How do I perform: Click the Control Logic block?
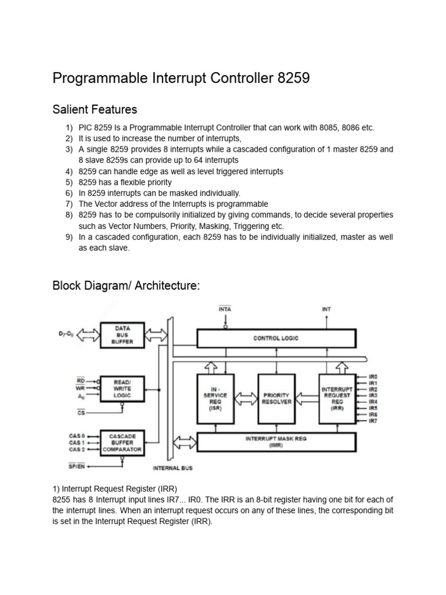[276, 338]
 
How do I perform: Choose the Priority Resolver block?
[276, 399]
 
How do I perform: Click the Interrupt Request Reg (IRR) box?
[337, 399]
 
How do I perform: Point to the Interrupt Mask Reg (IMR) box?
[276, 442]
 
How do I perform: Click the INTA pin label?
[225, 310]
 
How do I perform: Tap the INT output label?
[326, 310]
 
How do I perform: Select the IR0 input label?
[373, 377]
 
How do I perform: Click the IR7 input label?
[373, 420]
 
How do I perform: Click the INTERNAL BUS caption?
[172, 468]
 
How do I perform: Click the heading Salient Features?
[95, 109]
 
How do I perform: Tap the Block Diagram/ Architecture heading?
[126, 285]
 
